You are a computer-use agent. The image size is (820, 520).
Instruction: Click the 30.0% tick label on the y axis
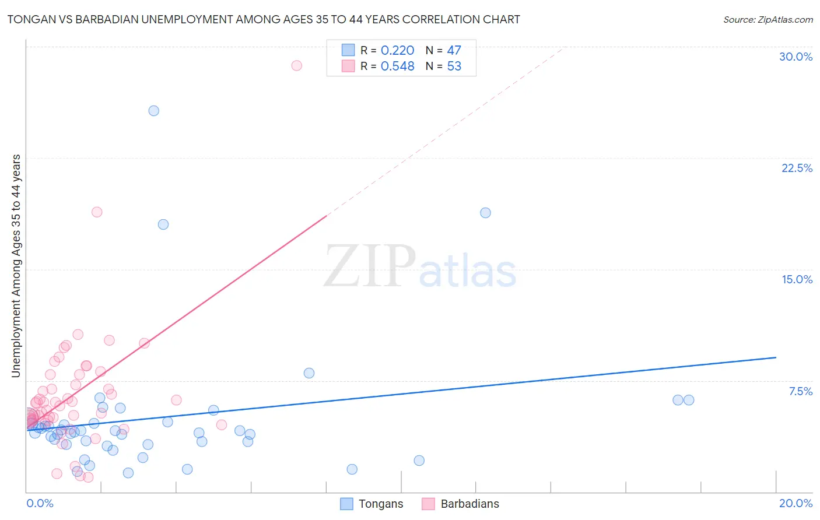[796, 57]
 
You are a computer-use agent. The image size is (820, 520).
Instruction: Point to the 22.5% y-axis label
[797, 168]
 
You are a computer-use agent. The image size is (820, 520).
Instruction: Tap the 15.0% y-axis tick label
[797, 279]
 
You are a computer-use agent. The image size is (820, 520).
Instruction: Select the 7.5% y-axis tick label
[800, 391]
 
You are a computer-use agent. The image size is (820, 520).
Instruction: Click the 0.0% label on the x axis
[40, 503]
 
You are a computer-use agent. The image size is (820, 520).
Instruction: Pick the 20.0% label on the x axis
[796, 503]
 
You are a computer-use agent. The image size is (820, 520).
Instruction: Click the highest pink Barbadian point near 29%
[296, 65]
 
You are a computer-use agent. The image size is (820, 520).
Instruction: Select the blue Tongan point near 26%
[153, 111]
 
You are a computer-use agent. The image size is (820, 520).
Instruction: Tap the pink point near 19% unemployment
[97, 212]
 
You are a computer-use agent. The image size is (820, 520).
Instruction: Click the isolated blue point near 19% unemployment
[485, 213]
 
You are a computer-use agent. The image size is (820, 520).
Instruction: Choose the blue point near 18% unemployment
[163, 224]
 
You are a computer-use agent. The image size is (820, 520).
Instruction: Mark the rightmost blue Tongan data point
[689, 400]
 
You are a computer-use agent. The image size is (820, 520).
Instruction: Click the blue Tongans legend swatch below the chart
[346, 504]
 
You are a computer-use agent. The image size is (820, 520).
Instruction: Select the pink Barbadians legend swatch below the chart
[429, 504]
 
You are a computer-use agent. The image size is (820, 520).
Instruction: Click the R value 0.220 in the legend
[397, 51]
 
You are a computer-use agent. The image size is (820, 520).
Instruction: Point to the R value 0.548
[397, 66]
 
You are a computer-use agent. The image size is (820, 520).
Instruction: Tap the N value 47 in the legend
[454, 51]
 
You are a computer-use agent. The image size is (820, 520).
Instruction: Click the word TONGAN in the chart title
[29, 19]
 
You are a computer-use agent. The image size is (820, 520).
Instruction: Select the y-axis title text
[16, 266]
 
